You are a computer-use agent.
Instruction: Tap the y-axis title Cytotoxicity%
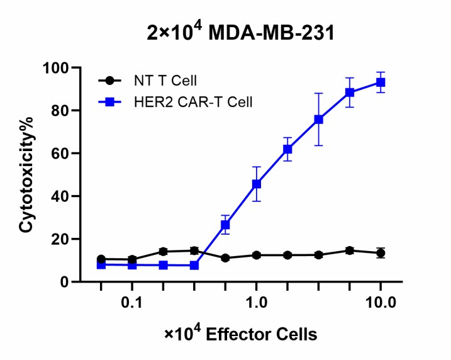[26, 174]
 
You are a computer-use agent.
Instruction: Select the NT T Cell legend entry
[154, 81]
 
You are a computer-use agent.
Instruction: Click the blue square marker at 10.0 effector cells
[381, 82]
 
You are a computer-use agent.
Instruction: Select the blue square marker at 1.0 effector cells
[257, 184]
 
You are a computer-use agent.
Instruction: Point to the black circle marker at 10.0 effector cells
[381, 253]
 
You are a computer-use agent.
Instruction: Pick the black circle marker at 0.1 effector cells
[132, 259]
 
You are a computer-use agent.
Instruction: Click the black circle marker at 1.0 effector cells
[257, 255]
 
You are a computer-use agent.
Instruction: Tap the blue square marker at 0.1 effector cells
[132, 265]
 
